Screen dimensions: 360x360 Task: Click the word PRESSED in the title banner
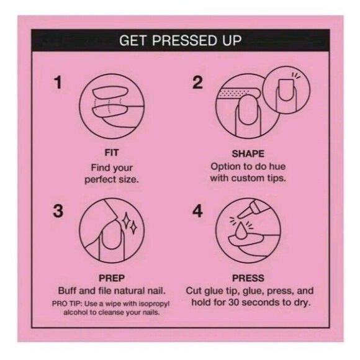184,40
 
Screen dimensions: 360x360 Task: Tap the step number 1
58,83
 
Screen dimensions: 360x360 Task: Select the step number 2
197,83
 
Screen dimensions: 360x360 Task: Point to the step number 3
58,211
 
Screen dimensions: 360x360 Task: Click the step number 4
197,211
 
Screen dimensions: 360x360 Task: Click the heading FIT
112,153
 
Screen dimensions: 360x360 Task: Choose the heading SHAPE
248,154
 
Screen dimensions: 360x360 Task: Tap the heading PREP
112,278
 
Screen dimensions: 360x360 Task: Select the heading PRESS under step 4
248,278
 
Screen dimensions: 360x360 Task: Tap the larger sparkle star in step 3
126,220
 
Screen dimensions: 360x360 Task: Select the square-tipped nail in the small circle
286,90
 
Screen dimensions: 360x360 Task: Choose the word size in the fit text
129,179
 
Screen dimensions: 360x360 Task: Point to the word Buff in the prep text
66,290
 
